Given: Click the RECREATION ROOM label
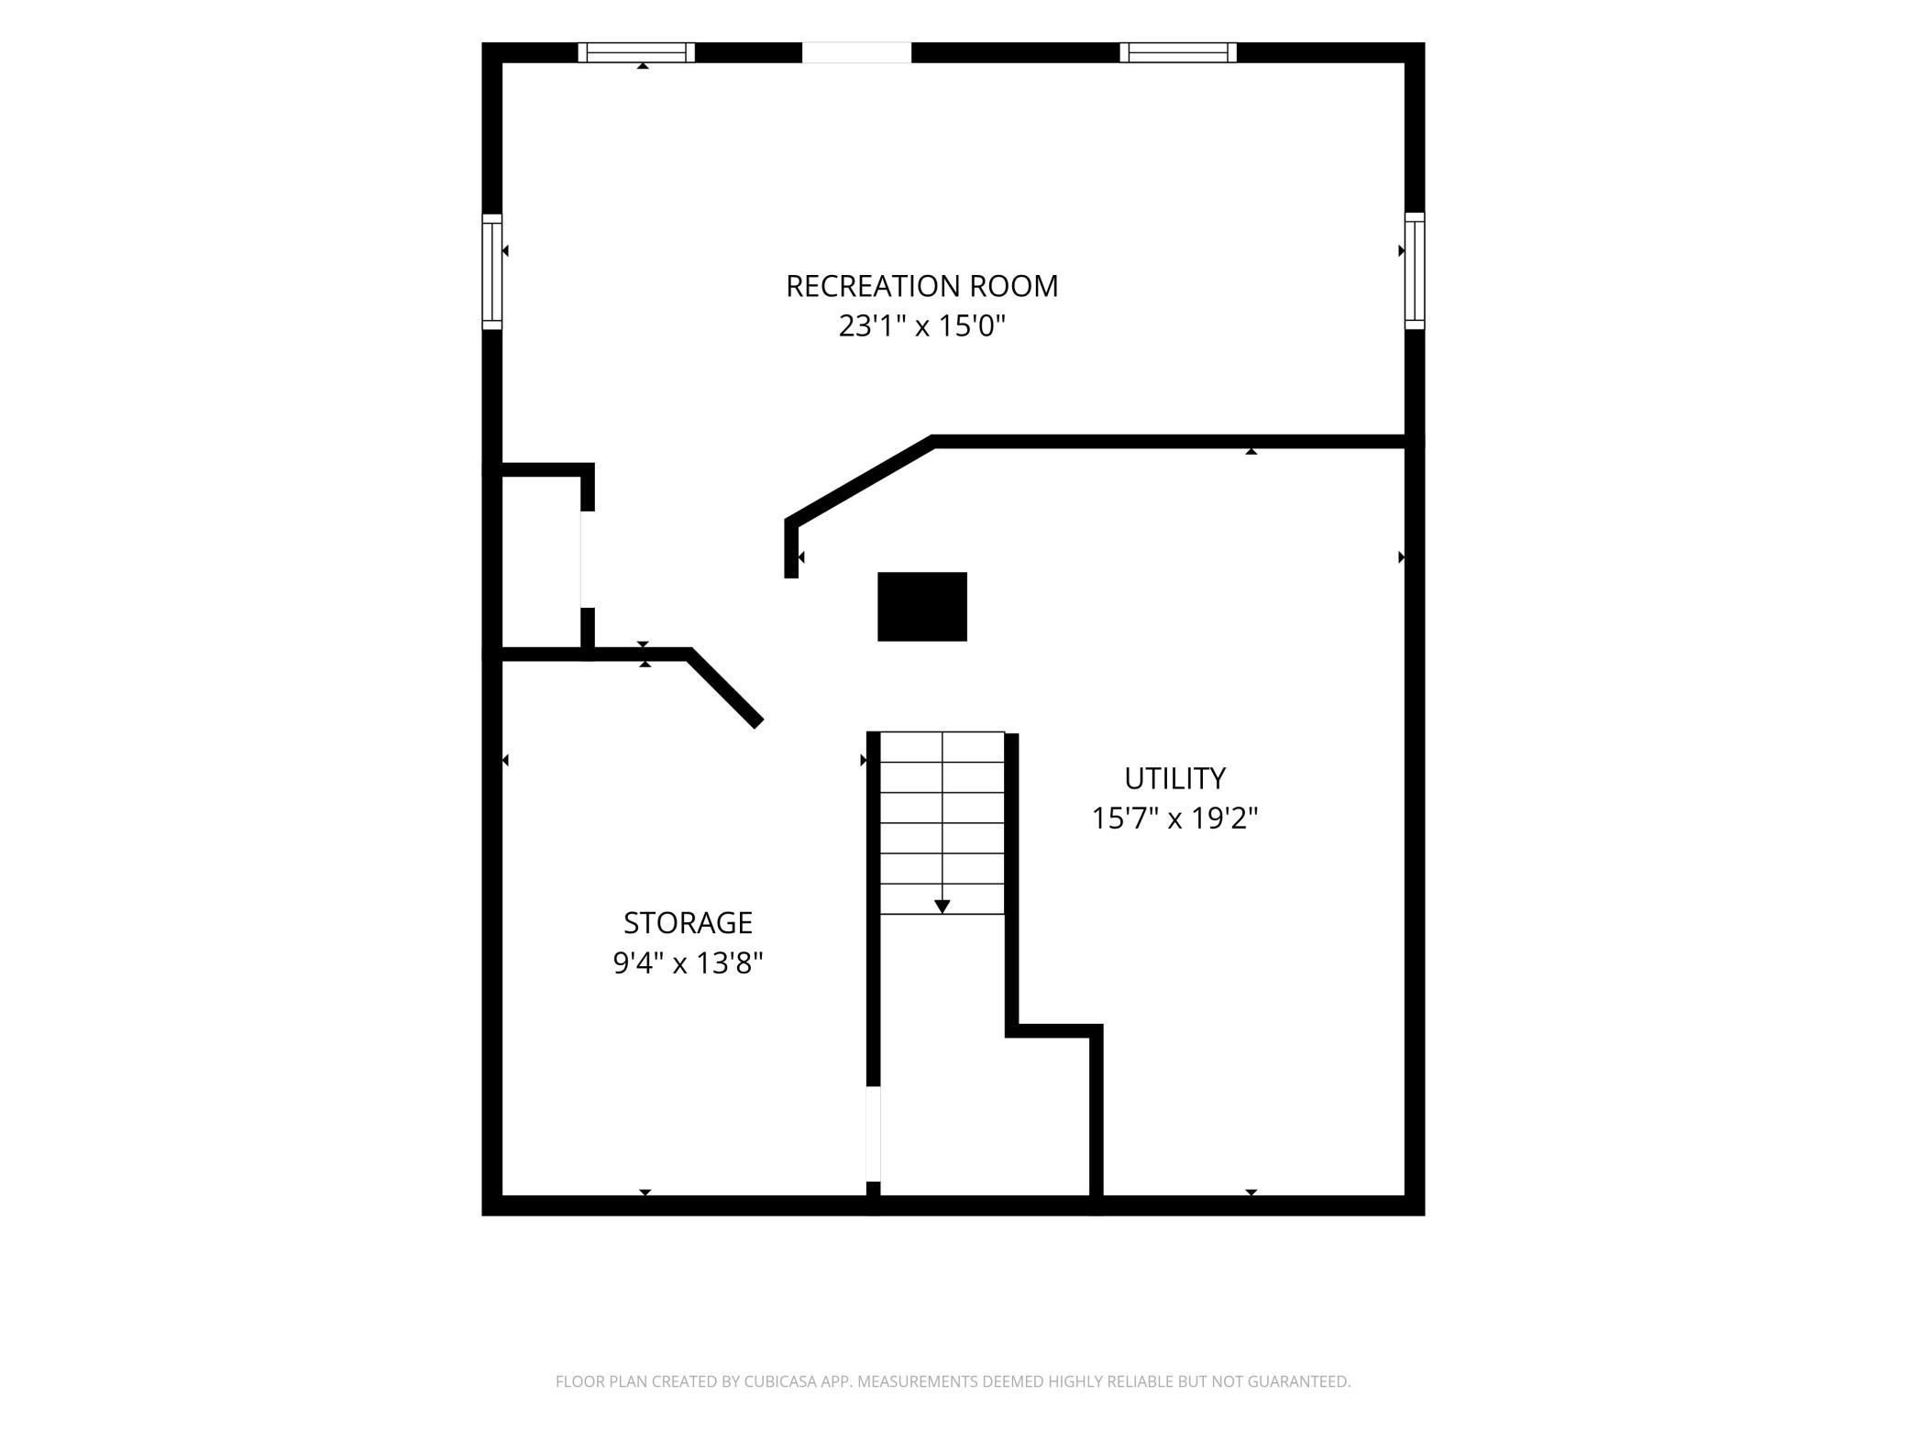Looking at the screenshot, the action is click(x=921, y=286).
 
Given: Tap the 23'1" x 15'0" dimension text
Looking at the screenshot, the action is click(x=921, y=325).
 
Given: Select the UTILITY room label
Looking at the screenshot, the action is click(x=1174, y=778).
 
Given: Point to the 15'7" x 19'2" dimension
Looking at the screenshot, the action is click(x=1174, y=818).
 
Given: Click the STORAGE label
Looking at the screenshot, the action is click(x=688, y=922).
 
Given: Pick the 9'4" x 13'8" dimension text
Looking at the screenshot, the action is click(x=688, y=963).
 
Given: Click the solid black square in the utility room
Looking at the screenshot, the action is click(x=922, y=607).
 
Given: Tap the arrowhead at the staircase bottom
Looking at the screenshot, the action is click(x=942, y=907).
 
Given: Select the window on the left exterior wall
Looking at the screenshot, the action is click(x=492, y=271).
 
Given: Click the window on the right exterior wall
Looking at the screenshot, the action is click(x=1415, y=271).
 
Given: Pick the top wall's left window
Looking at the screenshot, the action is click(x=636, y=52).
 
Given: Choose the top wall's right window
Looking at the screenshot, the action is click(x=1178, y=52).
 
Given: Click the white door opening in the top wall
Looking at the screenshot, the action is click(x=856, y=52).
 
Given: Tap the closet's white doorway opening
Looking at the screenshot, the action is click(x=587, y=559).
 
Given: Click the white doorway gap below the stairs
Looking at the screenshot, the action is click(x=874, y=1134).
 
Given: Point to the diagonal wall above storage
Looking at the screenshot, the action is click(x=724, y=688).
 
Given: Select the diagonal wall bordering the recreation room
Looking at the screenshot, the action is click(x=860, y=480).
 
